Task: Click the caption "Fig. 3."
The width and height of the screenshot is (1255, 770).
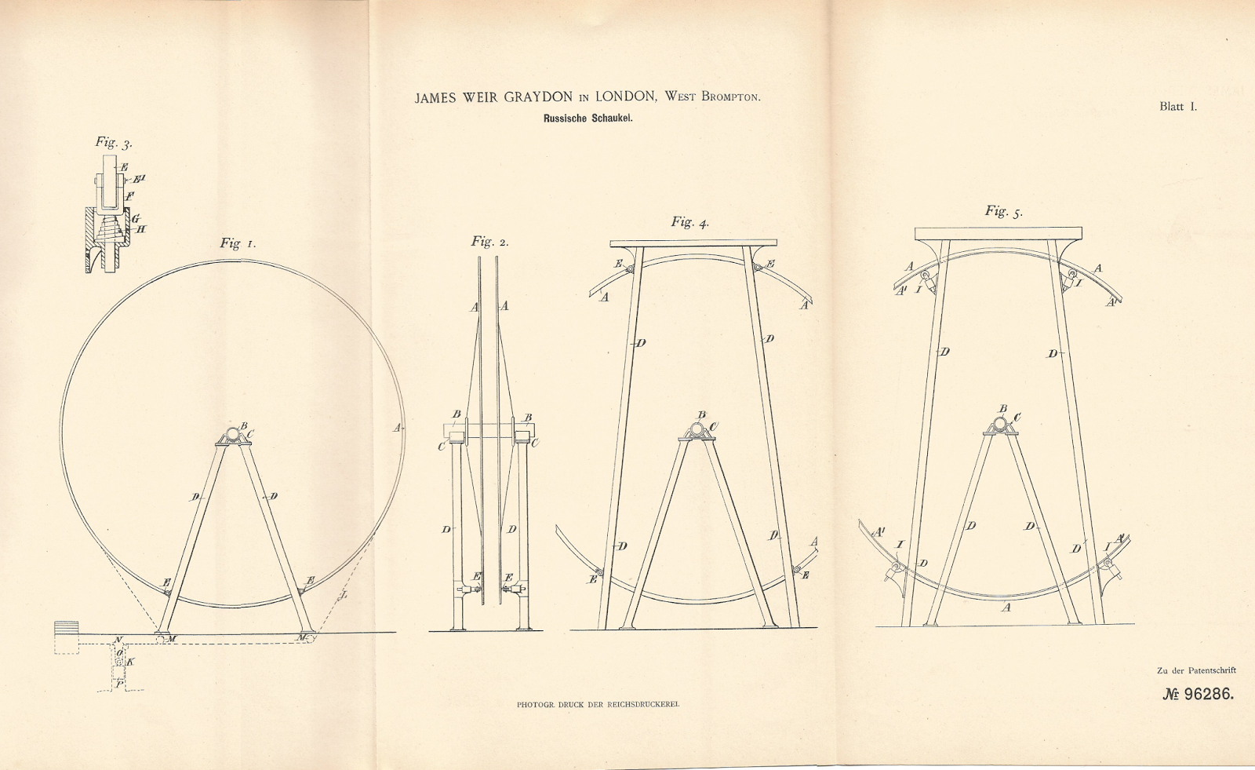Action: [115, 142]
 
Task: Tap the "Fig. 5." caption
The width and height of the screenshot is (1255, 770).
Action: [1004, 211]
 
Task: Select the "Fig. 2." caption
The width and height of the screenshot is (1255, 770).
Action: [489, 242]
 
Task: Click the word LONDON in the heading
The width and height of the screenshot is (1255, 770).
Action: [625, 97]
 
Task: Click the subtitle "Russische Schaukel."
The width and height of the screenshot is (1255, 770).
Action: [587, 119]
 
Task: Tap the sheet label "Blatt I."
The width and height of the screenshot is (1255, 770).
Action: [1178, 107]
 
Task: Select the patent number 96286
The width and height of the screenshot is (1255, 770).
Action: [1208, 695]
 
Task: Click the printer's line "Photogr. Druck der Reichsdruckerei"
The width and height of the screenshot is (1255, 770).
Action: [598, 705]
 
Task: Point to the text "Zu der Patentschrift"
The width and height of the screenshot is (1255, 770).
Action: [1196, 670]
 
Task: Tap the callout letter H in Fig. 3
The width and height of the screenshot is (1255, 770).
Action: [141, 229]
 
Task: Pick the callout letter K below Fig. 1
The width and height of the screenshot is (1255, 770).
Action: [130, 662]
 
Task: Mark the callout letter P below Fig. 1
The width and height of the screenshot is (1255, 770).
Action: [119, 683]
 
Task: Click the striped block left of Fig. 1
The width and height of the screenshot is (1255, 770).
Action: [67, 627]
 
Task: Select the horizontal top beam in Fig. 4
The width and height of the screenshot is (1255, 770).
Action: [693, 243]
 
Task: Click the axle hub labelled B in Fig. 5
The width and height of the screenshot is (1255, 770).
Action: [999, 425]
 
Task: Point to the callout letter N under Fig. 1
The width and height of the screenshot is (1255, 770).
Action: [118, 640]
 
